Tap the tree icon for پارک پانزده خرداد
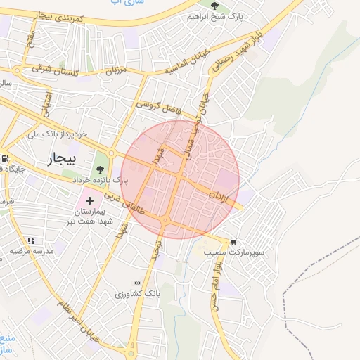(101, 169)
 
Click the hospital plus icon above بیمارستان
(89, 201)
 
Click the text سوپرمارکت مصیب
(233, 251)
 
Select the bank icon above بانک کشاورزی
(138, 282)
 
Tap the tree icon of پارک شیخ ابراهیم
(224, 6)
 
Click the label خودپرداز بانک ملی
(56, 133)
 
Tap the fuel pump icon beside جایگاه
(6, 158)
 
